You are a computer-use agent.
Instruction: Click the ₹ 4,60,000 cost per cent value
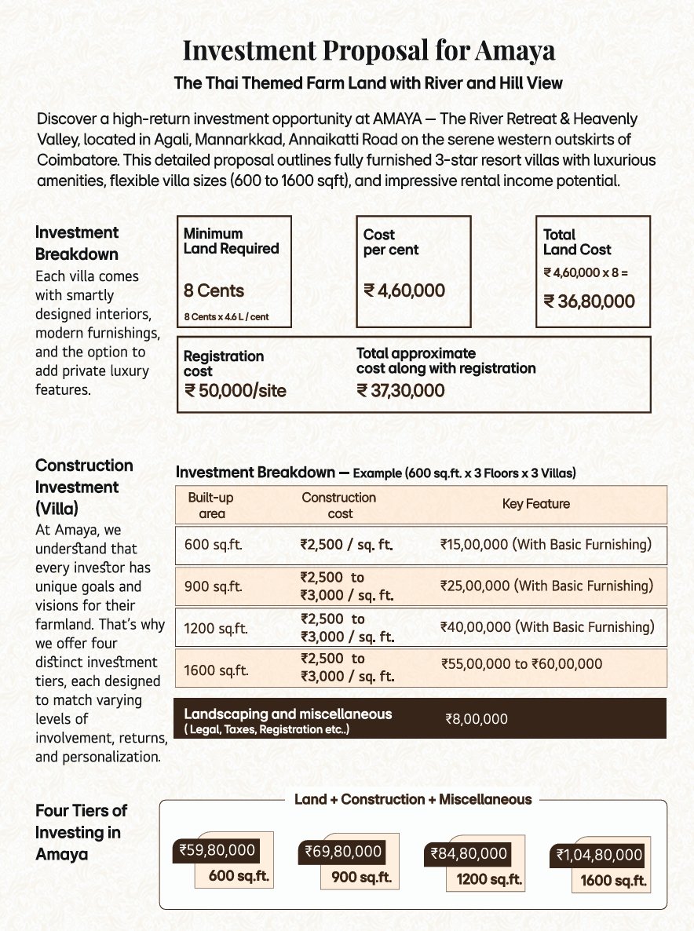pyautogui.click(x=404, y=290)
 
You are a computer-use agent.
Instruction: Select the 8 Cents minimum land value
pyautogui.click(x=214, y=290)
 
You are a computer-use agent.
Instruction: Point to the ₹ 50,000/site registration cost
pyautogui.click(x=235, y=391)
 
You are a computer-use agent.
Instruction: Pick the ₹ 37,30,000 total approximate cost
pyautogui.click(x=400, y=390)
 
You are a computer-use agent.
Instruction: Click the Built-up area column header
pyautogui.click(x=211, y=506)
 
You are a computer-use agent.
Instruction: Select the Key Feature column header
pyautogui.click(x=536, y=504)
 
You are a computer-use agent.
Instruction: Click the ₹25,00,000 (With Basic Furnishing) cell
pyautogui.click(x=547, y=586)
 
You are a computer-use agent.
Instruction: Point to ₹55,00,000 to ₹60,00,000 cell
pyautogui.click(x=522, y=664)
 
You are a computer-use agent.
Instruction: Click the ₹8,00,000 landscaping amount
pyautogui.click(x=477, y=718)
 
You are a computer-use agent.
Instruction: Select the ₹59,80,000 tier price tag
pyautogui.click(x=216, y=849)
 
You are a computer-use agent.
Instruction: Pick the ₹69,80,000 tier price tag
pyautogui.click(x=342, y=852)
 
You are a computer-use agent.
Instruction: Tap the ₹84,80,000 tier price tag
pyautogui.click(x=469, y=854)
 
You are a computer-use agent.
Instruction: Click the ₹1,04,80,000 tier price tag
pyautogui.click(x=600, y=855)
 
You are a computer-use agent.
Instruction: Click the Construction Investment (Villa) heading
pyautogui.click(x=84, y=487)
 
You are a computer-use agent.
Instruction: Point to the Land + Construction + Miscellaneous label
pyautogui.click(x=413, y=799)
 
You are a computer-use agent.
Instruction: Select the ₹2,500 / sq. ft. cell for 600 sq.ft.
pyautogui.click(x=346, y=543)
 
